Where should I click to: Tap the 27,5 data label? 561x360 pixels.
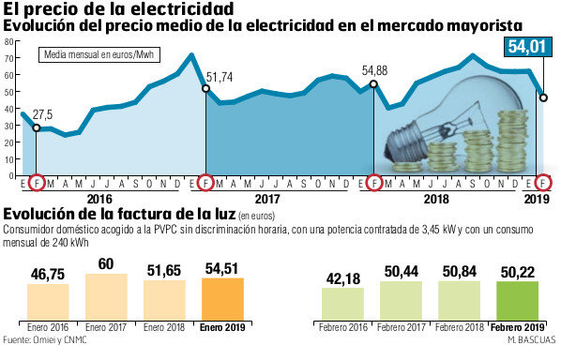pos(43,113)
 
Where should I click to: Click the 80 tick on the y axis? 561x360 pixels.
pos(10,40)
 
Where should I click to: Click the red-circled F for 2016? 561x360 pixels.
pos(37,181)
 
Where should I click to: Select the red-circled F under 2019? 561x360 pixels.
pos(543,181)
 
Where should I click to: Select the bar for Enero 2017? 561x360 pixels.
pos(106,298)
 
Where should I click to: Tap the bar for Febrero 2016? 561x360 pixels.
pos(342,306)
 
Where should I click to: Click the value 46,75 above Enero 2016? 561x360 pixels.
pos(48,273)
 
